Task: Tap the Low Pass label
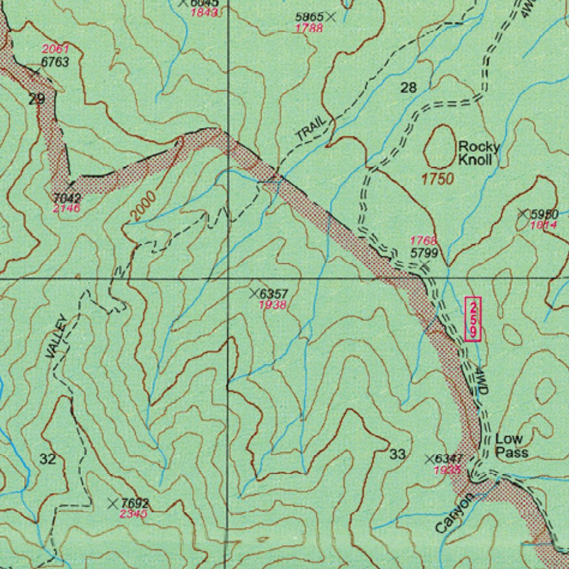pos(511,446)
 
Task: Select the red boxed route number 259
pos(473,319)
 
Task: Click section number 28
pos(408,87)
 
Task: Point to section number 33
pos(397,455)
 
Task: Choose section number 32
pos(48,459)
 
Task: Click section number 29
pos(37,99)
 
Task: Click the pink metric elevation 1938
pos(273,305)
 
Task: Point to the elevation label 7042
pos(67,198)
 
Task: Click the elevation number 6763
pos(55,62)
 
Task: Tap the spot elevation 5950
pos(544,214)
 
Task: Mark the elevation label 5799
pos(424,253)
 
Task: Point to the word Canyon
pos(455,513)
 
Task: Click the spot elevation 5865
pos(309,17)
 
